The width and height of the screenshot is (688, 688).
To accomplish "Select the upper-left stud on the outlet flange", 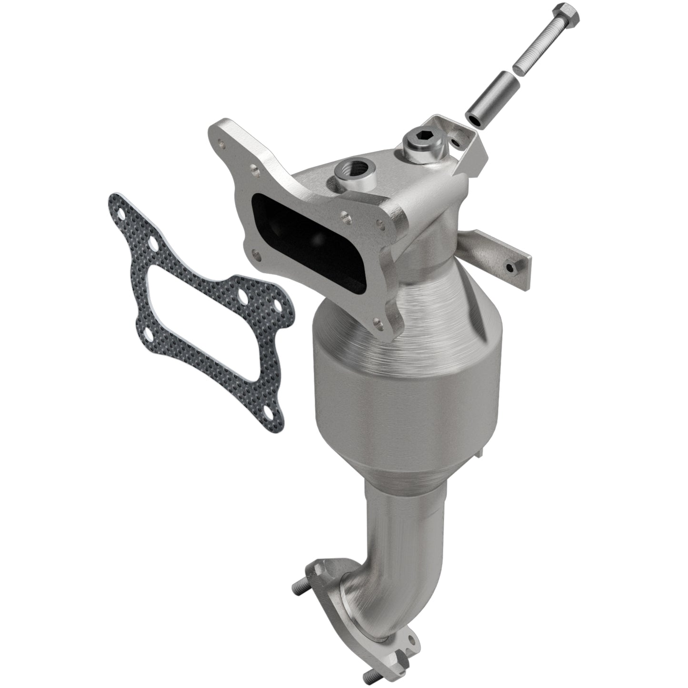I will point(298,590).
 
